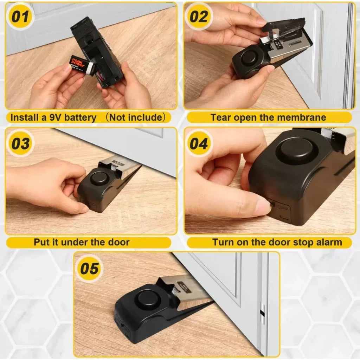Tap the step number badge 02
pyautogui.click(x=199, y=17)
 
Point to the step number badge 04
pyautogui.click(x=199, y=143)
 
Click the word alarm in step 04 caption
pyautogui.click(x=328, y=242)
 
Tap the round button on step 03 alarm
pyautogui.click(x=99, y=178)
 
